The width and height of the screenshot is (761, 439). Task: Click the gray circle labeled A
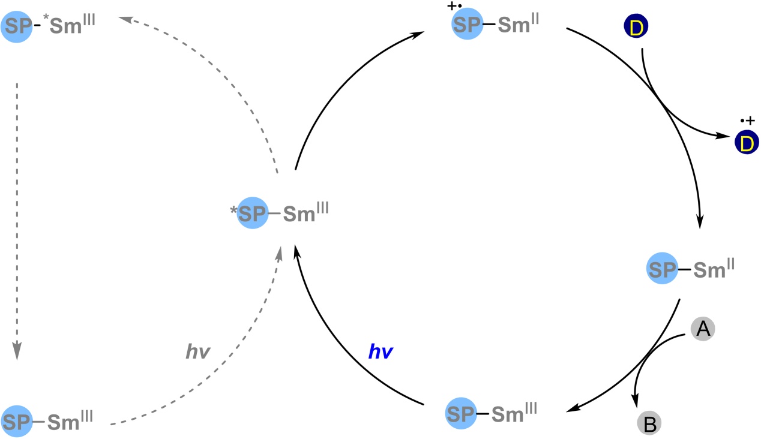(x=703, y=328)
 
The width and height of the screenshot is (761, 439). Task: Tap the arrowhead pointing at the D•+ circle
(x=726, y=137)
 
